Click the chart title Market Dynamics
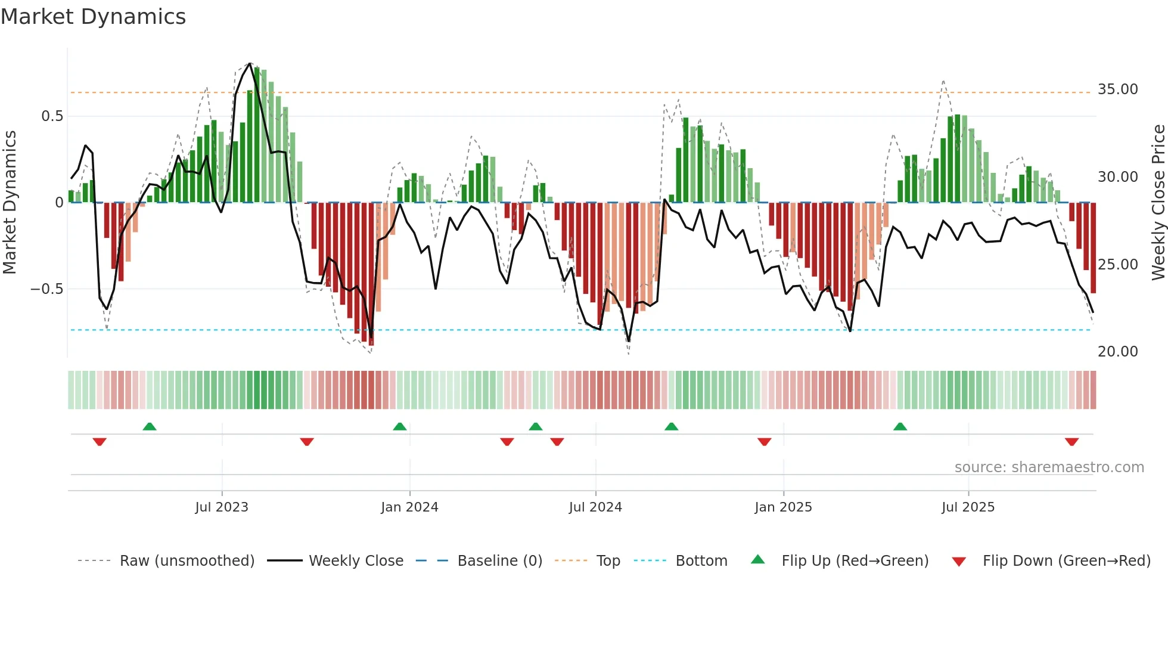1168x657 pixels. pos(94,17)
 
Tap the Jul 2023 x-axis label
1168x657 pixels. pos(222,507)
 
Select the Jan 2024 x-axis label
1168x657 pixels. pos(409,507)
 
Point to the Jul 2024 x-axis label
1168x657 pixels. pos(595,507)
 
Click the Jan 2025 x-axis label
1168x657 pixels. pos(783,507)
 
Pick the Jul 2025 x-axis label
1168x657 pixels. pos(968,507)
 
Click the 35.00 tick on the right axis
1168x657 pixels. pos(1117,89)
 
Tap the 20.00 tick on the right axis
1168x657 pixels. pos(1117,352)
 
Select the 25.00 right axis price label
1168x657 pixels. pos(1117,265)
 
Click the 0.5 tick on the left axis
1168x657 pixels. pos(52,116)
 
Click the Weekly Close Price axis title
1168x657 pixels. pos(1158,203)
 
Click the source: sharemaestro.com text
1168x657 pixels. pos(1049,467)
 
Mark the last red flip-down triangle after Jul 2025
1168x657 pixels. pos(1071,442)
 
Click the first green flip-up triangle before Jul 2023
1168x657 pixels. pos(150,426)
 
